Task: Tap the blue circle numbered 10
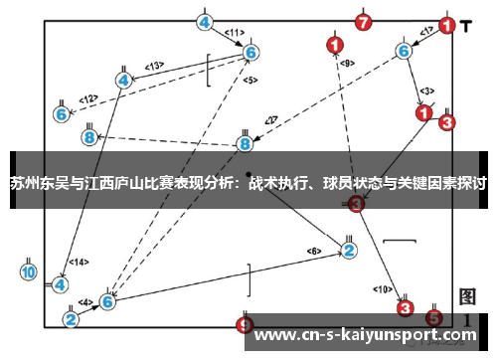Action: pos(28,270)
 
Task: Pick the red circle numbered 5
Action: pos(433,318)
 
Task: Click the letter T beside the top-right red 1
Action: pos(466,22)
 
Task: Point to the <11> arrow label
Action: pos(234,32)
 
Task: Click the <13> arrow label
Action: pos(154,66)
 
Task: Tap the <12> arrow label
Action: pos(89,98)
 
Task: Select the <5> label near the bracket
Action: pos(248,80)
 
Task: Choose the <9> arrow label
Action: pos(346,63)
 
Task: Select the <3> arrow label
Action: pos(426,90)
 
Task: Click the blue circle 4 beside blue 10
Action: pos(60,283)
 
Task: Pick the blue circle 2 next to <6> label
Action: pos(349,250)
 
